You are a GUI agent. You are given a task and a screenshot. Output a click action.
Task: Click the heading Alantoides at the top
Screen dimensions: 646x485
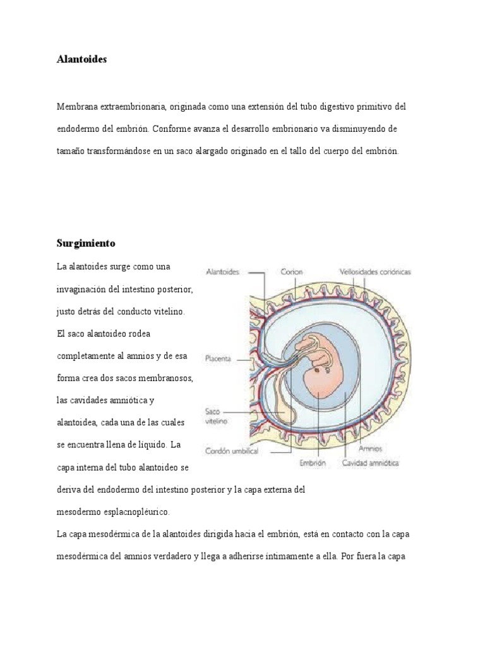pos(81,59)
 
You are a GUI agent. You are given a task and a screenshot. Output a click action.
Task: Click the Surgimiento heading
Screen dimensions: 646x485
pos(86,243)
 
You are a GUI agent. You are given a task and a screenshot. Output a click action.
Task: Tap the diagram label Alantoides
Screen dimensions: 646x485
pos(222,272)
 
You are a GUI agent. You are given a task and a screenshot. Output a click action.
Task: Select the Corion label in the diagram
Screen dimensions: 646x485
pos(292,272)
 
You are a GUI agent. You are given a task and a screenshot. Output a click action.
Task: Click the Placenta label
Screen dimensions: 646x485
pos(218,358)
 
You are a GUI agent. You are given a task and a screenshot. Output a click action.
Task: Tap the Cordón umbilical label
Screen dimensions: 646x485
pos(228,451)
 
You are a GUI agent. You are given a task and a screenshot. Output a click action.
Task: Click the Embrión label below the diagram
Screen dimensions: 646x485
pos(313,462)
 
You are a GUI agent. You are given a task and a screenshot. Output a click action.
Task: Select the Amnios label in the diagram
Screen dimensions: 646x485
pos(369,449)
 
